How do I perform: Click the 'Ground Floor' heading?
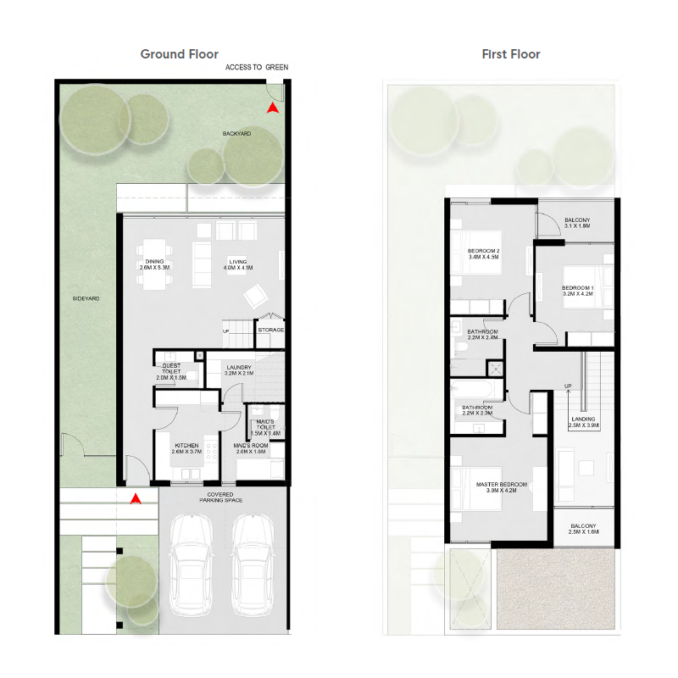pos(179,54)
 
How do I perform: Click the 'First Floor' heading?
pos(511,54)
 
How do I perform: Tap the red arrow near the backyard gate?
pos(272,108)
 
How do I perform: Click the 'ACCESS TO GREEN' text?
pos(257,67)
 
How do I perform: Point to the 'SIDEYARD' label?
pos(86,298)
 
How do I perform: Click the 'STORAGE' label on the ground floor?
pos(270,331)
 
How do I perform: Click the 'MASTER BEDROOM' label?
pos(496,485)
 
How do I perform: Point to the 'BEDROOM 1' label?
pos(578,288)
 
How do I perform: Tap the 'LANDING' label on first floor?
pos(582,419)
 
